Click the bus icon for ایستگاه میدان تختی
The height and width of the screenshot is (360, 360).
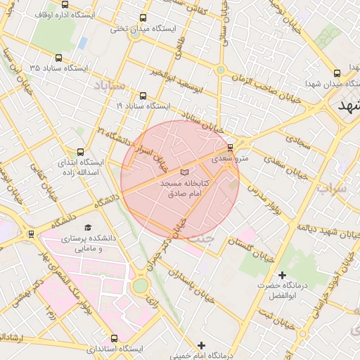pyautogui.click(x=143, y=18)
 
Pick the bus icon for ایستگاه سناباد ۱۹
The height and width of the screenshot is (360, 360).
pyautogui.click(x=143, y=96)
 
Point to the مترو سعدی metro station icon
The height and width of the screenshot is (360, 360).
pyautogui.click(x=231, y=148)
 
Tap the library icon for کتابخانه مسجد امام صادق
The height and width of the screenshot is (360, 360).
pyautogui.click(x=184, y=172)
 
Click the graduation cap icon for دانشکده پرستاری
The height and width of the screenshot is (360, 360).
pyautogui.click(x=88, y=227)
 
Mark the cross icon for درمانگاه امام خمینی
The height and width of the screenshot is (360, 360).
pyautogui.click(x=202, y=345)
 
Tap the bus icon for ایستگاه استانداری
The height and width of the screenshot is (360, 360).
pyautogui.click(x=115, y=338)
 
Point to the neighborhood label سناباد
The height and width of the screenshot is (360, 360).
pyautogui.click(x=108, y=85)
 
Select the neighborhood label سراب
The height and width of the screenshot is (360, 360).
pyautogui.click(x=332, y=189)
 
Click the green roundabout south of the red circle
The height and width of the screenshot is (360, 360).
pyautogui.click(x=140, y=285)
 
